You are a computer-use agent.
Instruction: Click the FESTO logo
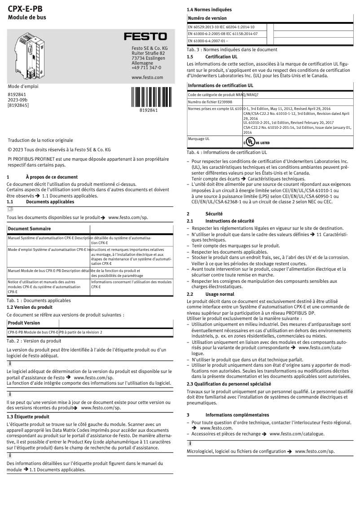click(145, 36)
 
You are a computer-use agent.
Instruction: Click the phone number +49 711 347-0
click(146, 68)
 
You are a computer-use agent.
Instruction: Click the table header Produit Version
click(24, 323)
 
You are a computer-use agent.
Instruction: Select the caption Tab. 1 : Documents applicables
click(39, 300)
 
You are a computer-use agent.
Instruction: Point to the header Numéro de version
click(207, 18)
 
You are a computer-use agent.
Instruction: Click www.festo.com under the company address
click(147, 78)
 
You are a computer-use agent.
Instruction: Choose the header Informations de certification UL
click(220, 85)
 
